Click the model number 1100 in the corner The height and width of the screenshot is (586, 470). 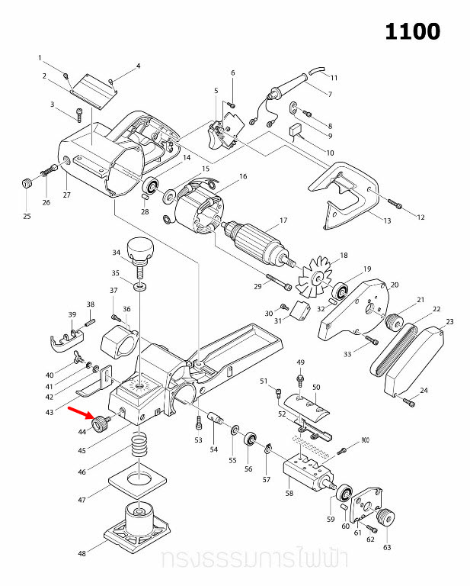click(x=412, y=31)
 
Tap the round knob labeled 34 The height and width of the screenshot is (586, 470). click(x=140, y=249)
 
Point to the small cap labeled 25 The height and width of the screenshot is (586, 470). click(x=27, y=183)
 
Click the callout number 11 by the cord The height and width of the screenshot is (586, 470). click(x=333, y=78)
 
